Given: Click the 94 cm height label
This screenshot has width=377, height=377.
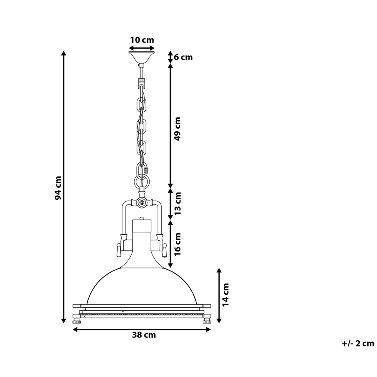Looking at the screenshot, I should coord(58,187).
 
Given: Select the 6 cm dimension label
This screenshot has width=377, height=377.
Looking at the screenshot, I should coord(183,57).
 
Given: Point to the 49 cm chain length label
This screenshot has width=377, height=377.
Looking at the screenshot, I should coord(178,128).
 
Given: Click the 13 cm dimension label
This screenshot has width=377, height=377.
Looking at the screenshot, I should coord(178,203).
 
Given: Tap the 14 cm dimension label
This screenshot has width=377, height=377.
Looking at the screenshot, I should coord(225,294).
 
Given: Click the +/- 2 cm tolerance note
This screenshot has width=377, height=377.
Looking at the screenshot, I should coord(358,343).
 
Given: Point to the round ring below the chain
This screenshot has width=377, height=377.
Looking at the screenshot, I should coord(142,182).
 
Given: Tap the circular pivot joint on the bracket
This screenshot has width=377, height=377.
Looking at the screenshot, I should coord(142,202).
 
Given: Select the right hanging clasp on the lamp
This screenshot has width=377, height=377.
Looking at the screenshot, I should coord(164,249).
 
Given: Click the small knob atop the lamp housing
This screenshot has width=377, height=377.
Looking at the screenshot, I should coord(142,218).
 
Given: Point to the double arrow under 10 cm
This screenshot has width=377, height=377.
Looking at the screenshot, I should coord(142,48).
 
